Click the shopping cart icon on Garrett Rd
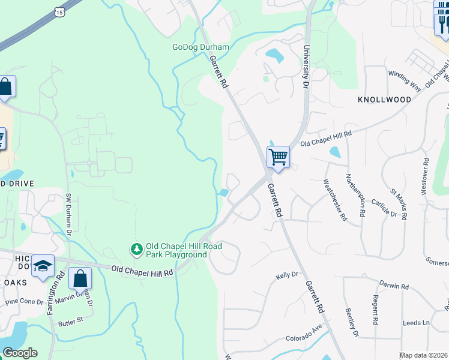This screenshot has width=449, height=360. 278,157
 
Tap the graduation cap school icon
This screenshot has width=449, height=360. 43,266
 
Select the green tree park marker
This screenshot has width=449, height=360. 137,248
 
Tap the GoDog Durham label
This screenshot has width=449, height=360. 200,47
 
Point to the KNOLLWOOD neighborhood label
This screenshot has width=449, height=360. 384,100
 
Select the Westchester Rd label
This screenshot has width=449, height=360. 335,200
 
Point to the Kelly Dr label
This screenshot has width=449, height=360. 287,275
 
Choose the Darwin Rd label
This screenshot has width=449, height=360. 394,286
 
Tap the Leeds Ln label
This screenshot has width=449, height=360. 417,323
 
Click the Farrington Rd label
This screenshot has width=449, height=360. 61,288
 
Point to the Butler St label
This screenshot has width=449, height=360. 70,322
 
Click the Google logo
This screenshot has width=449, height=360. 20,353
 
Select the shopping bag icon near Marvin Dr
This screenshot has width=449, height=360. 80,279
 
